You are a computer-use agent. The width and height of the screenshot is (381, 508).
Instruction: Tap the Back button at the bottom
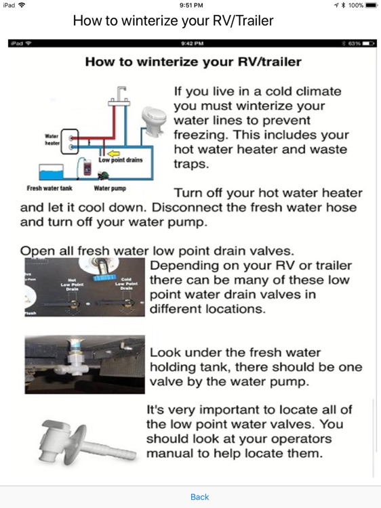(199, 496)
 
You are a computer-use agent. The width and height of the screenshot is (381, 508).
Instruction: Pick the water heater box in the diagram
(70, 140)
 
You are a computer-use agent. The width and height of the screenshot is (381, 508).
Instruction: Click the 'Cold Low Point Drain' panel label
(126, 283)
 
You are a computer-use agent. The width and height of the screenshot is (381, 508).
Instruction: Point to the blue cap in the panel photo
(105, 277)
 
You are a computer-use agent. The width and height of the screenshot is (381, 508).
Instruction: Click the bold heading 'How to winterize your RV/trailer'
(193, 62)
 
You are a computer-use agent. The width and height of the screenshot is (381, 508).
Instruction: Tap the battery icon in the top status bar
(371, 5)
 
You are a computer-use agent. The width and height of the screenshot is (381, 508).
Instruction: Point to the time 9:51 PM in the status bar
(190, 5)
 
